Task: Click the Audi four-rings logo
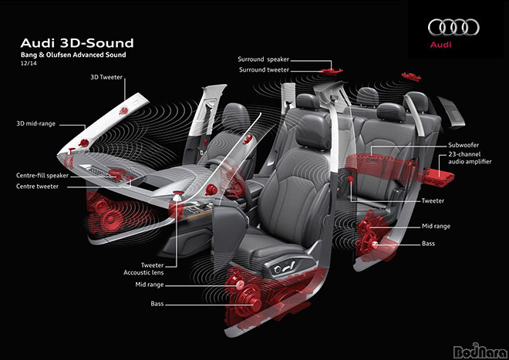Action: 453,27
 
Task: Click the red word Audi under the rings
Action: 440,45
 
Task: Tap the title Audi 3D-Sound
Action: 77,43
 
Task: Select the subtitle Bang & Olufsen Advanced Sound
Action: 73,55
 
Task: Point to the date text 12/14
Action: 29,63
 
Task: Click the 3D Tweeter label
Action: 106,77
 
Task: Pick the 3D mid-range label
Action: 35,123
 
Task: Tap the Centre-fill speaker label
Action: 42,176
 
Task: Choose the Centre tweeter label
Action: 37,187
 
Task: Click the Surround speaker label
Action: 263,59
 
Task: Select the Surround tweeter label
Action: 264,70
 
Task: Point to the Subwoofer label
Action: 463,145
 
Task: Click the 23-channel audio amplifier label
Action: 470,158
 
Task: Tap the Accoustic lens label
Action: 143,273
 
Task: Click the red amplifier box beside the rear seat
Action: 437,177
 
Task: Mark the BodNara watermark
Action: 480,351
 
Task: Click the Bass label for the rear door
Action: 428,244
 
